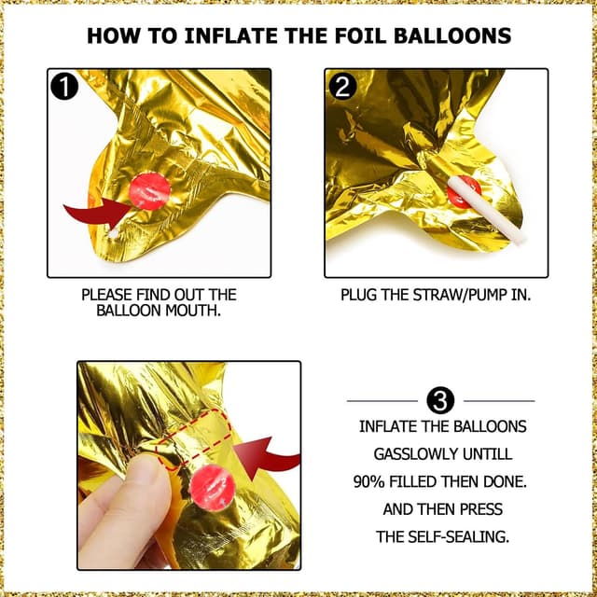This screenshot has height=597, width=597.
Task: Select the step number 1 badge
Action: click(64, 87)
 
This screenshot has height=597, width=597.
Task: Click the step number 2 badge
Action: click(341, 87)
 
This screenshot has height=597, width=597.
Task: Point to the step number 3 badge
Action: click(440, 401)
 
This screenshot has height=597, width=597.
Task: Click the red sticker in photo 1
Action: click(150, 190)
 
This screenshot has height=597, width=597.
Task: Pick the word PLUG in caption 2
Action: click(358, 295)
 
